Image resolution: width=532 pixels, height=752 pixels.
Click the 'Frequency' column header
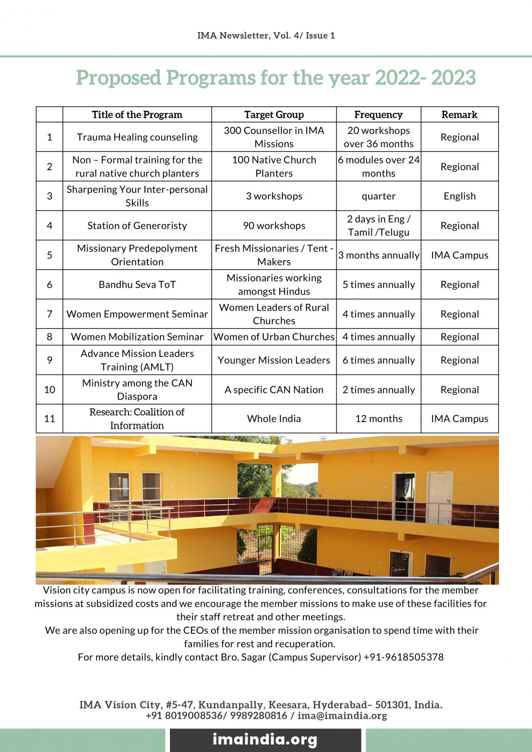tap(378, 114)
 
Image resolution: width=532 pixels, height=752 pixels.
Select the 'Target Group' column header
tap(274, 114)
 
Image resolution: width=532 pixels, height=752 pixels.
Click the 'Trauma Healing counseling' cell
tap(137, 137)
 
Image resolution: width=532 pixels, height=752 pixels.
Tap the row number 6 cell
tap(49, 284)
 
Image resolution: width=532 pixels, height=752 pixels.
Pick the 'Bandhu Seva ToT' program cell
tap(137, 284)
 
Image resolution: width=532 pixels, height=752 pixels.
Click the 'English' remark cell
tap(459, 196)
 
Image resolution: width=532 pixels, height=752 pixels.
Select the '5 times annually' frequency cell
tap(378, 284)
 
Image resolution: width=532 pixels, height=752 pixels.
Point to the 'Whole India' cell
tap(274, 419)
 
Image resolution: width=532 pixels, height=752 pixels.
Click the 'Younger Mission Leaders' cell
tap(274, 360)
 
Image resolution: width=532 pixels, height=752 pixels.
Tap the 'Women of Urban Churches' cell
tap(274, 337)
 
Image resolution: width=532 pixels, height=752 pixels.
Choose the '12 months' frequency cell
tap(378, 419)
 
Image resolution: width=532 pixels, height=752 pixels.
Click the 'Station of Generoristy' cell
tap(137, 226)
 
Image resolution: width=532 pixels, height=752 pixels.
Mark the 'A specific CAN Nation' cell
tap(274, 390)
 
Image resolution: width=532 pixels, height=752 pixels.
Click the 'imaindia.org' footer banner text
tap(265, 739)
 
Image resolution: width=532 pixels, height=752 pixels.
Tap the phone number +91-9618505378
tap(404, 657)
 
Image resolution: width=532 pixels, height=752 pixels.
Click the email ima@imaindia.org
tap(342, 715)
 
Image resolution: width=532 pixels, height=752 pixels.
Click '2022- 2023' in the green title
tap(425, 78)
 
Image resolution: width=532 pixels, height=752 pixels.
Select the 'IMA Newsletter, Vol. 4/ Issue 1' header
tap(266, 36)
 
